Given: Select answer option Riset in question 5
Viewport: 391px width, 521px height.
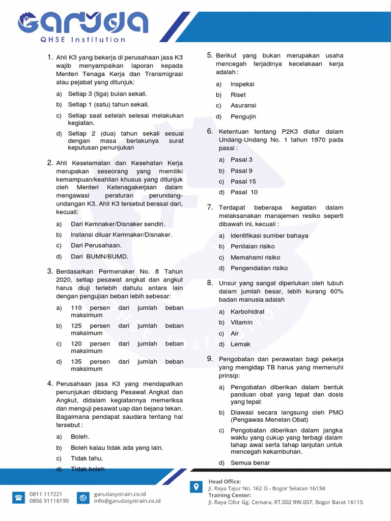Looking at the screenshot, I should pos(238,95).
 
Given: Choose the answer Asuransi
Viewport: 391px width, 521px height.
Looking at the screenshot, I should pos(243,105).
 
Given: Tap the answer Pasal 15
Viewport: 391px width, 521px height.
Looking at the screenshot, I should pos(243,181).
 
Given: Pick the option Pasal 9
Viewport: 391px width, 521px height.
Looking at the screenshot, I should pos(241,170).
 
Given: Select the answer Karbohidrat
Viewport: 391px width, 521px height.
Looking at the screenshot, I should pos(247,311).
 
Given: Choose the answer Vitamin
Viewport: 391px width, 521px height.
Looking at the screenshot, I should pos(241,322).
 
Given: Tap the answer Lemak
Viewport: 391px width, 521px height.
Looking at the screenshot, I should pos(240,344).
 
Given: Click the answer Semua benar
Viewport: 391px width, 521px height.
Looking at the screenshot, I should pos(250,462).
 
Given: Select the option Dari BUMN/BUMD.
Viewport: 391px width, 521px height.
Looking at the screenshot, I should pos(99,256).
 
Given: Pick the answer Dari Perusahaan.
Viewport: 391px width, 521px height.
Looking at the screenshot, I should pos(96,245).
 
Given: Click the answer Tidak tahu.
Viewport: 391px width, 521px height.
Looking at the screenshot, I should pos(87,458).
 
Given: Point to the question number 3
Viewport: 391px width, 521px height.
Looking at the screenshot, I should pos(50,271).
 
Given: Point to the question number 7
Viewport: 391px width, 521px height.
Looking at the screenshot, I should pos(210,207).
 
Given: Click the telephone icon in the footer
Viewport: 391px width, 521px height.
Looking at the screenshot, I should pos(19,497).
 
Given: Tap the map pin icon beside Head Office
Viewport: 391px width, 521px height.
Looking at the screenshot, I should pos(195,487).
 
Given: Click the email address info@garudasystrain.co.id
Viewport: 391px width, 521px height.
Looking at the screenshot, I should pos(127,501).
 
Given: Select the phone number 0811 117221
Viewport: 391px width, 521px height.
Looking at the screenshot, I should pos(46,494).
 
